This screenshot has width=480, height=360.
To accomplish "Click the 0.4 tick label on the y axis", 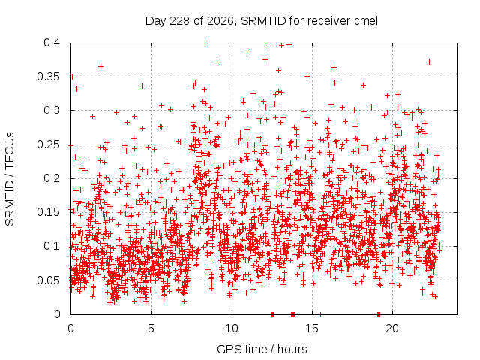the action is (52, 43).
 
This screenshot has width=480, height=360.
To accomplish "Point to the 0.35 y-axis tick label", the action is (48, 76).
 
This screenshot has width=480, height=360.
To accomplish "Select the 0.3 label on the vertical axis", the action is (52, 110).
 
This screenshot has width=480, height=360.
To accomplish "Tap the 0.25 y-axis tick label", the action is (48, 145).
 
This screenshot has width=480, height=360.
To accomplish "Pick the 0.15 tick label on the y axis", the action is (48, 212).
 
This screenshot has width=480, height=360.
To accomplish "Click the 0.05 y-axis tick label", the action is (48, 280).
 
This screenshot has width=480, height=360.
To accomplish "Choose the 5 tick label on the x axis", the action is (151, 328).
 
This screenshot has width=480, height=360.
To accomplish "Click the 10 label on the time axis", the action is (232, 328).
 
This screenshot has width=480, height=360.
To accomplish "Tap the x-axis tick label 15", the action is (312, 328).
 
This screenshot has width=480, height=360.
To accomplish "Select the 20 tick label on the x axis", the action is (392, 328).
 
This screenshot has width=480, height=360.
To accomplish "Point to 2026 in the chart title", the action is (220, 21).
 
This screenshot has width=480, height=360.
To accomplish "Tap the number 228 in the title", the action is (180, 21).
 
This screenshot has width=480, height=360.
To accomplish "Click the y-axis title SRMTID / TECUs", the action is (10, 179).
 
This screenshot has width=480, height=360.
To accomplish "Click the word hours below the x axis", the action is (292, 349).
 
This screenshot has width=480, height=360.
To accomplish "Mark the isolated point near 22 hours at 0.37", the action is (429, 62).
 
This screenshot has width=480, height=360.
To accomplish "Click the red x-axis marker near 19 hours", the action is (379, 314).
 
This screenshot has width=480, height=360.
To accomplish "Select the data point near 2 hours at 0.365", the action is (100, 67).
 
